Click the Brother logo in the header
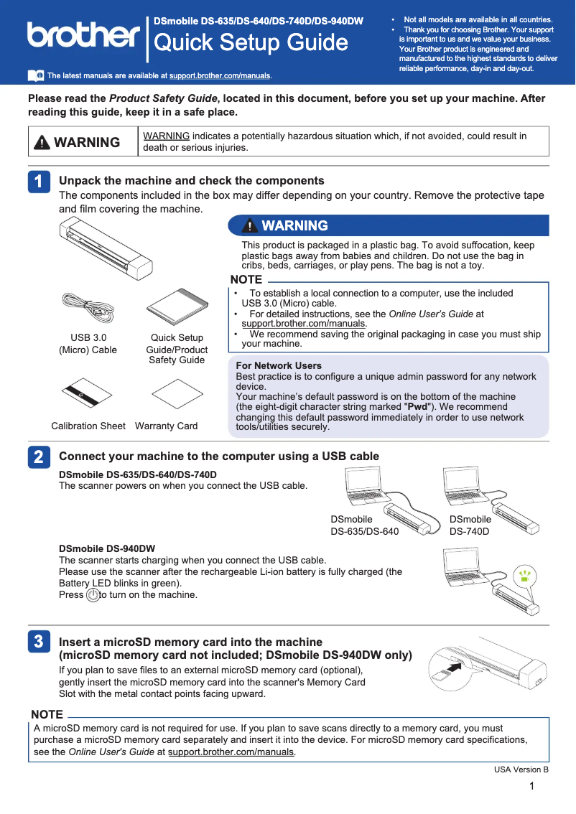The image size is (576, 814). click(x=83, y=34)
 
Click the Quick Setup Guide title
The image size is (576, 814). click(x=251, y=43)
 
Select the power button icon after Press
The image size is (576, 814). click(x=93, y=595)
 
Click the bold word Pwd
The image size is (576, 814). click(x=417, y=406)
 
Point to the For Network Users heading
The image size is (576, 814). click(x=279, y=366)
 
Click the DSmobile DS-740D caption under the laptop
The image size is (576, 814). click(x=470, y=525)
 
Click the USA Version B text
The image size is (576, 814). click(x=521, y=770)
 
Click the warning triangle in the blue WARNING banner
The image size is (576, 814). click(x=248, y=226)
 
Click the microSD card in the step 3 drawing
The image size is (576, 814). click(x=437, y=673)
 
